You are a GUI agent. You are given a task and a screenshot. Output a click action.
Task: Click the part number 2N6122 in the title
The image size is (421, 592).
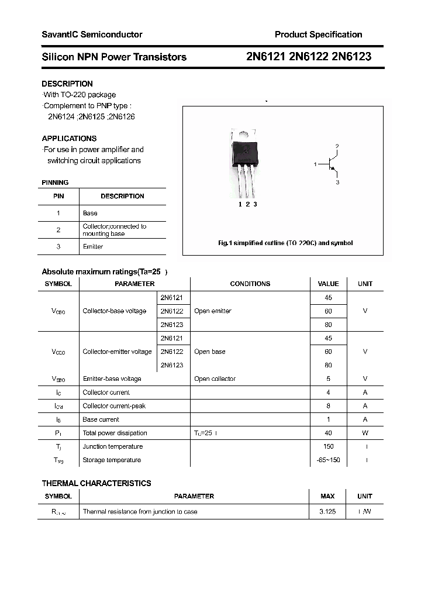tap(308, 57)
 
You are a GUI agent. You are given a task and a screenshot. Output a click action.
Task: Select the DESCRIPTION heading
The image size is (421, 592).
tap(67, 84)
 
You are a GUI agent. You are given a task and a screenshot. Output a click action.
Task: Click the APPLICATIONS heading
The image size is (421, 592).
tap(69, 139)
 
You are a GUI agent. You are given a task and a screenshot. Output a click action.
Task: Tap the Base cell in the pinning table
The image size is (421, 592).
tap(90, 214)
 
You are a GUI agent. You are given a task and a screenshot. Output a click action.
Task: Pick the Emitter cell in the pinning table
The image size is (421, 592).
tap(93, 247)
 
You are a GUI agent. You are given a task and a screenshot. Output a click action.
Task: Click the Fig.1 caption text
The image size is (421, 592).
tap(285, 243)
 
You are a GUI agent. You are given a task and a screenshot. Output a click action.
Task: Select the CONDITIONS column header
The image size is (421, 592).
tap(250, 284)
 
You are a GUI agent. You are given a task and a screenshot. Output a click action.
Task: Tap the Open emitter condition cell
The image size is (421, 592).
tap(213, 311)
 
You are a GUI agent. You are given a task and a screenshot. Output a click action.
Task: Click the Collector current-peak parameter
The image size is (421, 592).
tap(114, 406)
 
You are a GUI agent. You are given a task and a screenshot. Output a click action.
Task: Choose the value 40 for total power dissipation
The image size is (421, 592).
tap(328, 433)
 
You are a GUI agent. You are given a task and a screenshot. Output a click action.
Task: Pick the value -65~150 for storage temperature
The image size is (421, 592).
tap(328, 460)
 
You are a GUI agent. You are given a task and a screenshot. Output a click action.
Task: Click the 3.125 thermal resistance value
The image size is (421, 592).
tap(327, 511)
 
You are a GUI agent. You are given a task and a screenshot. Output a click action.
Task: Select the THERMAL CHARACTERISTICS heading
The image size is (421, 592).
tap(96, 483)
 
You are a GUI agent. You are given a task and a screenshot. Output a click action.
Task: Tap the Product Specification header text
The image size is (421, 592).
tap(318, 35)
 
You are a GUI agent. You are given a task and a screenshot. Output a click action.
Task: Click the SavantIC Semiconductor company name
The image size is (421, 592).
tap(92, 35)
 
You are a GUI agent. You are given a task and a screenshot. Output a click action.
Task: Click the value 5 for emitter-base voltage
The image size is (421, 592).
tap(328, 379)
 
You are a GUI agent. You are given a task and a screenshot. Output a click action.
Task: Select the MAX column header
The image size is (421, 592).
tap(327, 496)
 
